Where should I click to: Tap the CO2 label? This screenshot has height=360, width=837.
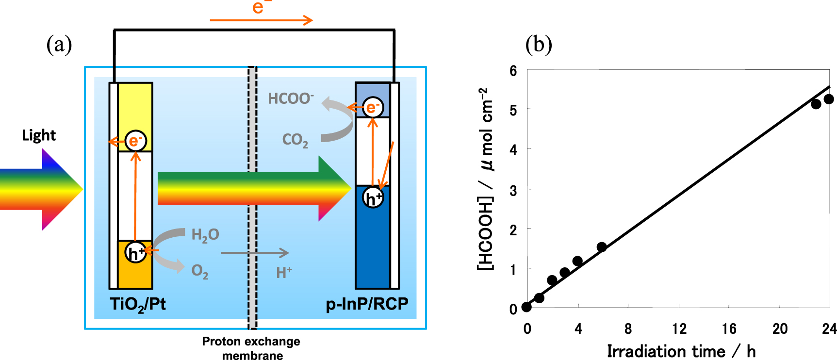point(295,140)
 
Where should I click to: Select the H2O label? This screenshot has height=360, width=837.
point(205,235)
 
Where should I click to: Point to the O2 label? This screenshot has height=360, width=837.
point(199,271)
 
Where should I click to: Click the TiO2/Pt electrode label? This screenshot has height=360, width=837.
point(138,304)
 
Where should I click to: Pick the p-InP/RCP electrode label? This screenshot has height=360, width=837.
point(367,304)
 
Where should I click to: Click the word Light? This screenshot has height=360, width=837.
point(39,135)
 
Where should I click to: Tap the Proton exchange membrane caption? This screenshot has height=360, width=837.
point(251,348)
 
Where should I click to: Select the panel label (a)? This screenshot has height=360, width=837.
point(59,45)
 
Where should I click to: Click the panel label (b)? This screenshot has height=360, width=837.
point(539,45)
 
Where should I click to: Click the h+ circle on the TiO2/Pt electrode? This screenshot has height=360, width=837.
point(135,253)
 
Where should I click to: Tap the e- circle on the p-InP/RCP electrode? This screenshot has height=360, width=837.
point(373,107)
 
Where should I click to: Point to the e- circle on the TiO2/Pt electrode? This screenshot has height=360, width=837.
point(135,141)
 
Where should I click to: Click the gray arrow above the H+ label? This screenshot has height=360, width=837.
point(255,253)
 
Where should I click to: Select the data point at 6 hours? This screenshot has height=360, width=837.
point(602,247)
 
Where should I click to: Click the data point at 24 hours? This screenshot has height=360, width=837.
point(829,99)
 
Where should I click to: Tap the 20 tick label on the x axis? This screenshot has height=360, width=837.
point(780,329)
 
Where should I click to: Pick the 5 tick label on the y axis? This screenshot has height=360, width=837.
point(513,110)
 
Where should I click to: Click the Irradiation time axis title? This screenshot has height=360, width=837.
point(681,351)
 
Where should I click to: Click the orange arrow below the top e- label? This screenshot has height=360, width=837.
point(261,20)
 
